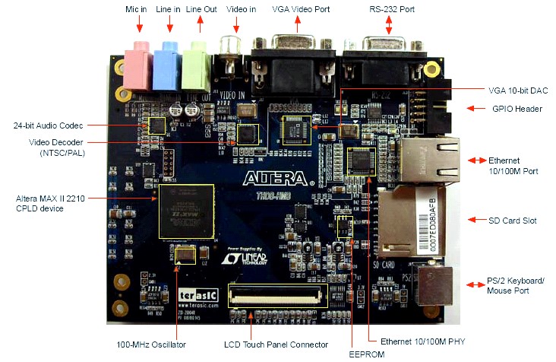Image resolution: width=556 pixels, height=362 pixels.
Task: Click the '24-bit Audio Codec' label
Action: click(48, 125)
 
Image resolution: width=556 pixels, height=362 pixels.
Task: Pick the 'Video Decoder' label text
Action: click(56, 142)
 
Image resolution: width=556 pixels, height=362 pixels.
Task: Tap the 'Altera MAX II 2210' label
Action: click(50, 198)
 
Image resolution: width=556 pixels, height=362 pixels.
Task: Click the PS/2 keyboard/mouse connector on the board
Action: click(431, 284)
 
